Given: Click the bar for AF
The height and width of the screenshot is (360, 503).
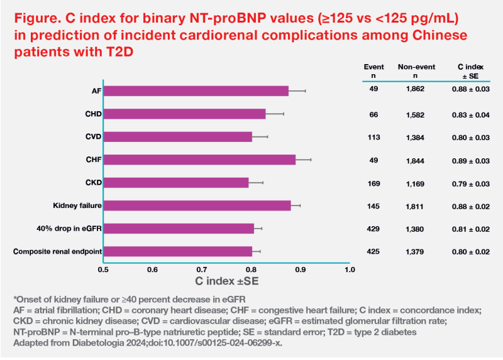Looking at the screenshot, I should [x=196, y=91].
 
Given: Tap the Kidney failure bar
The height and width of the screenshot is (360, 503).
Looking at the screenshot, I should [x=197, y=205].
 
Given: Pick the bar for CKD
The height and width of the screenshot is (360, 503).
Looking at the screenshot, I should [x=176, y=183].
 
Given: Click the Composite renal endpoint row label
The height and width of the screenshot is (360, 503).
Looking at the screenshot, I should [x=58, y=251].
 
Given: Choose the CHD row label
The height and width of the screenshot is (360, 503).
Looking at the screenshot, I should [x=93, y=114].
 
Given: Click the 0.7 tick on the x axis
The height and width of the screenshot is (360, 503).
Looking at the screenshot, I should [x=202, y=270].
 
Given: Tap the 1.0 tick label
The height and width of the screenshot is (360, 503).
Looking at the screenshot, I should [x=350, y=270].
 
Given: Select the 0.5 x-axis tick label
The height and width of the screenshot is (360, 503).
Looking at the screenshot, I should [x=103, y=270].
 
